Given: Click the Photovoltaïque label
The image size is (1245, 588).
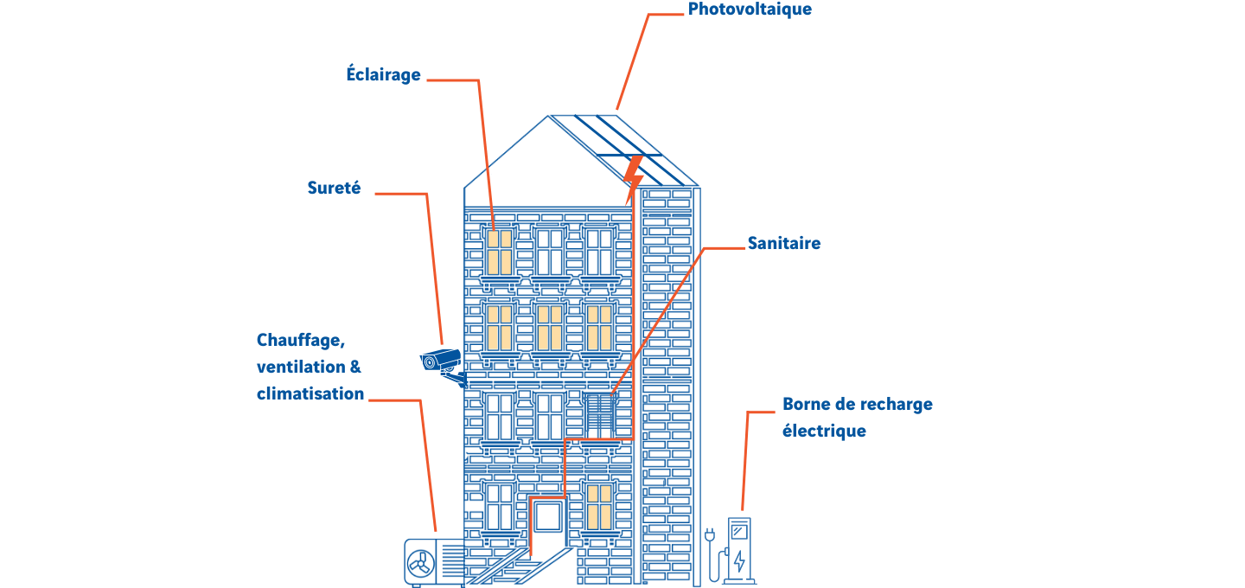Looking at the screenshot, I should (x=750, y=10).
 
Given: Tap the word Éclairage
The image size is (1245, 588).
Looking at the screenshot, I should (x=383, y=74).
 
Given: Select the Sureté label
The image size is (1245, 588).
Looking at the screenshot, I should (x=334, y=188).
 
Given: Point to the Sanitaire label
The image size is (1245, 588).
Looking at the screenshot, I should (x=783, y=244).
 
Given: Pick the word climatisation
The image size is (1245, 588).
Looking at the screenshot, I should (x=310, y=393).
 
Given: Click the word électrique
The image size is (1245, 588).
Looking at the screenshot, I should (x=824, y=431).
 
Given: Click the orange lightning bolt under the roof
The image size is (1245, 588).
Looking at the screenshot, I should (x=633, y=179).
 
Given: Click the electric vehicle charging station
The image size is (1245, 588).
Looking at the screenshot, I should (x=739, y=551).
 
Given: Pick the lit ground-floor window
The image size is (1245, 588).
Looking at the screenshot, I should (x=599, y=506).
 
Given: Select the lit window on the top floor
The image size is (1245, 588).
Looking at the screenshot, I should (x=500, y=252).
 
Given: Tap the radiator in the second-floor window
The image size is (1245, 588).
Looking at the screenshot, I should (x=598, y=413).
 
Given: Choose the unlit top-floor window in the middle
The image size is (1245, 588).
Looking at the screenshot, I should (x=549, y=252).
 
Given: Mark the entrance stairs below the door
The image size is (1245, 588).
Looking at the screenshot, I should (x=519, y=566).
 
